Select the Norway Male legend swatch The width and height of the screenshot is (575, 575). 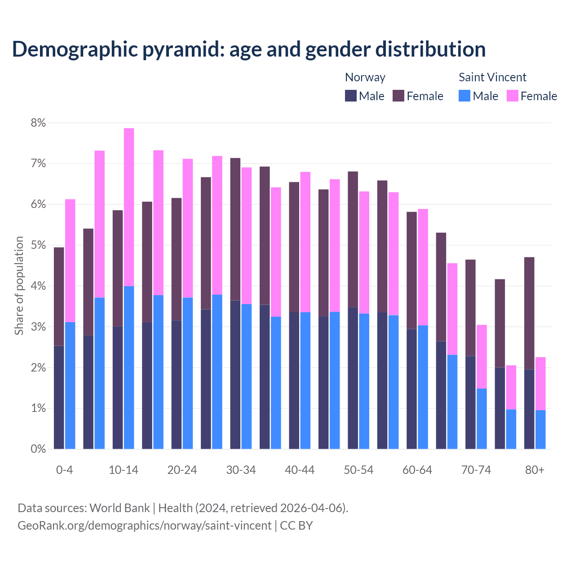350,96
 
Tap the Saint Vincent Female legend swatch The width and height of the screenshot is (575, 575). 512,96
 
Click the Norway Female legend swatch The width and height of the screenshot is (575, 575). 398,96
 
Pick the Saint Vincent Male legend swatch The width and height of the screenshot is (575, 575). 464,96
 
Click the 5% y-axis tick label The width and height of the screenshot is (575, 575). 38,245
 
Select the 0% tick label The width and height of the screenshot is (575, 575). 38,449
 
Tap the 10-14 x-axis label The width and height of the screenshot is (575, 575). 124,470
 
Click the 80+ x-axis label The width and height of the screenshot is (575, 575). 535,470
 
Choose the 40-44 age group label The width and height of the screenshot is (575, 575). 300,470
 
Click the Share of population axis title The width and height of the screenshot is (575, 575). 19,286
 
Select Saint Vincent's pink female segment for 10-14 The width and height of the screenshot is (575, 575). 129,207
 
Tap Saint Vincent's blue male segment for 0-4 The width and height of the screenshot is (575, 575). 70,385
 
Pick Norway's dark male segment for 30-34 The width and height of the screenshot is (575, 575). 235,375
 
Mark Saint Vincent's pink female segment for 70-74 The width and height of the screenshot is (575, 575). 482,357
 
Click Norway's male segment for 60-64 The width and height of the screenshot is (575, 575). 411,389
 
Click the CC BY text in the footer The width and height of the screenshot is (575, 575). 296,526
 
